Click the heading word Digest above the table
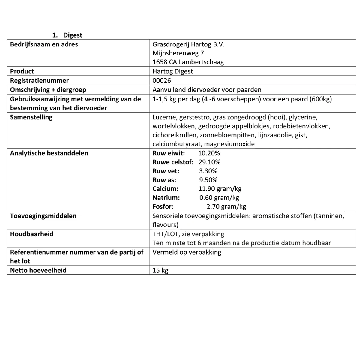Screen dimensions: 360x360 pyautogui.click(x=73, y=35)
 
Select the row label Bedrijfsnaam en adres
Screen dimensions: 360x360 pyautogui.click(x=44, y=44)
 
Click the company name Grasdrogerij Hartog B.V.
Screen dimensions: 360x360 pyautogui.click(x=188, y=44)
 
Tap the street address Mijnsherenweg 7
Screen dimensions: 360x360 pyautogui.click(x=178, y=53)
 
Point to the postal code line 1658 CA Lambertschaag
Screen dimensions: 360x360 pyautogui.click(x=188, y=62)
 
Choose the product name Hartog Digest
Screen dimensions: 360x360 pyautogui.click(x=172, y=71)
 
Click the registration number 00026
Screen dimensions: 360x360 pyautogui.click(x=161, y=81)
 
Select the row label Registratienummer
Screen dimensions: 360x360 pyautogui.click(x=39, y=81)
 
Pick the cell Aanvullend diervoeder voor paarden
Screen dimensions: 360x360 pyautogui.click(x=207, y=90)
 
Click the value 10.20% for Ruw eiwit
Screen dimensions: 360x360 pyautogui.click(x=209, y=153)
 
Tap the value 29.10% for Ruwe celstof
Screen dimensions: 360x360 pyautogui.click(x=209, y=162)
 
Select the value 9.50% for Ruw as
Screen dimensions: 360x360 pyautogui.click(x=208, y=180)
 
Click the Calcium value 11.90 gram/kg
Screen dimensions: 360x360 pyautogui.click(x=220, y=189)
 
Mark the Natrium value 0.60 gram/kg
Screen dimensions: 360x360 pyautogui.click(x=219, y=198)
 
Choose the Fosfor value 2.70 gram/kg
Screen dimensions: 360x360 pyautogui.click(x=226, y=207)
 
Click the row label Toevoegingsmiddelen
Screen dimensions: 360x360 pyautogui.click(x=43, y=216)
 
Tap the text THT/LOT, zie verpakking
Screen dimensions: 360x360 pyautogui.click(x=188, y=234)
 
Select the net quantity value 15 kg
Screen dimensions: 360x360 pyautogui.click(x=160, y=270)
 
